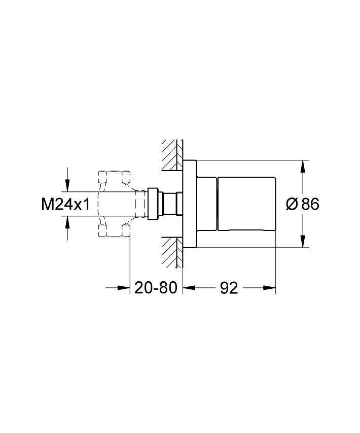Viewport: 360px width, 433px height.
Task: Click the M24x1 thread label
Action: tap(65, 205)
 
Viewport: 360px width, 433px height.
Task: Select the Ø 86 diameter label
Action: tap(303, 205)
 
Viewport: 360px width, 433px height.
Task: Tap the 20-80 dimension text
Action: tap(155, 288)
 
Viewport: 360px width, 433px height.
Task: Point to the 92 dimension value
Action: tap(229, 288)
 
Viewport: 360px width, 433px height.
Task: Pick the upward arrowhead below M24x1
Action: tap(67, 222)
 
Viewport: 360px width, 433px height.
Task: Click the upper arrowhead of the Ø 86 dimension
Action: tap(303, 166)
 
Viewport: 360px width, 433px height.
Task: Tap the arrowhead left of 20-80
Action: tap(123, 288)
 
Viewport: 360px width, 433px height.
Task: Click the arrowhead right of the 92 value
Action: tap(270, 288)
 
